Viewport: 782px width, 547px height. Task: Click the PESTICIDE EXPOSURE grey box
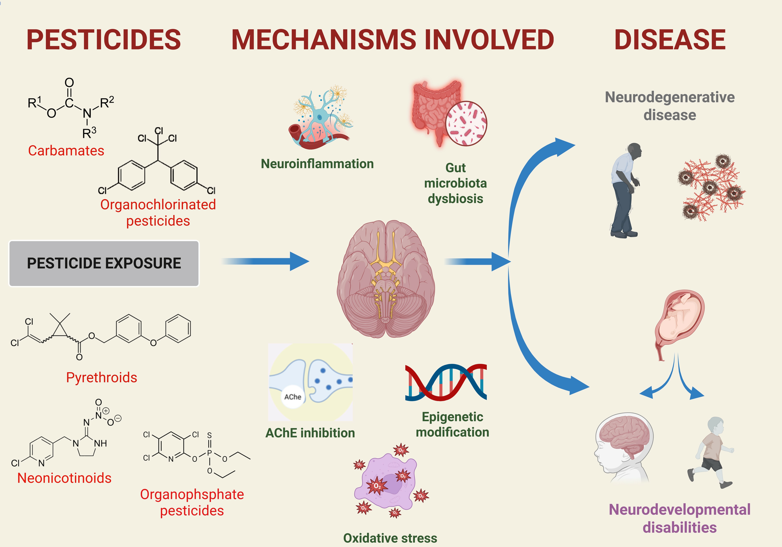(x=104, y=263)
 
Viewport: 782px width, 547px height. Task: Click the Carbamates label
(x=66, y=151)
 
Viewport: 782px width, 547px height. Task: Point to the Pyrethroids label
(x=102, y=377)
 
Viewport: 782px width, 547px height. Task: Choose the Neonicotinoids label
(x=64, y=478)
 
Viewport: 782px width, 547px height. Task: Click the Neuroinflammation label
(x=317, y=164)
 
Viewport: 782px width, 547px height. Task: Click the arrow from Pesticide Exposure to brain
(x=266, y=261)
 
